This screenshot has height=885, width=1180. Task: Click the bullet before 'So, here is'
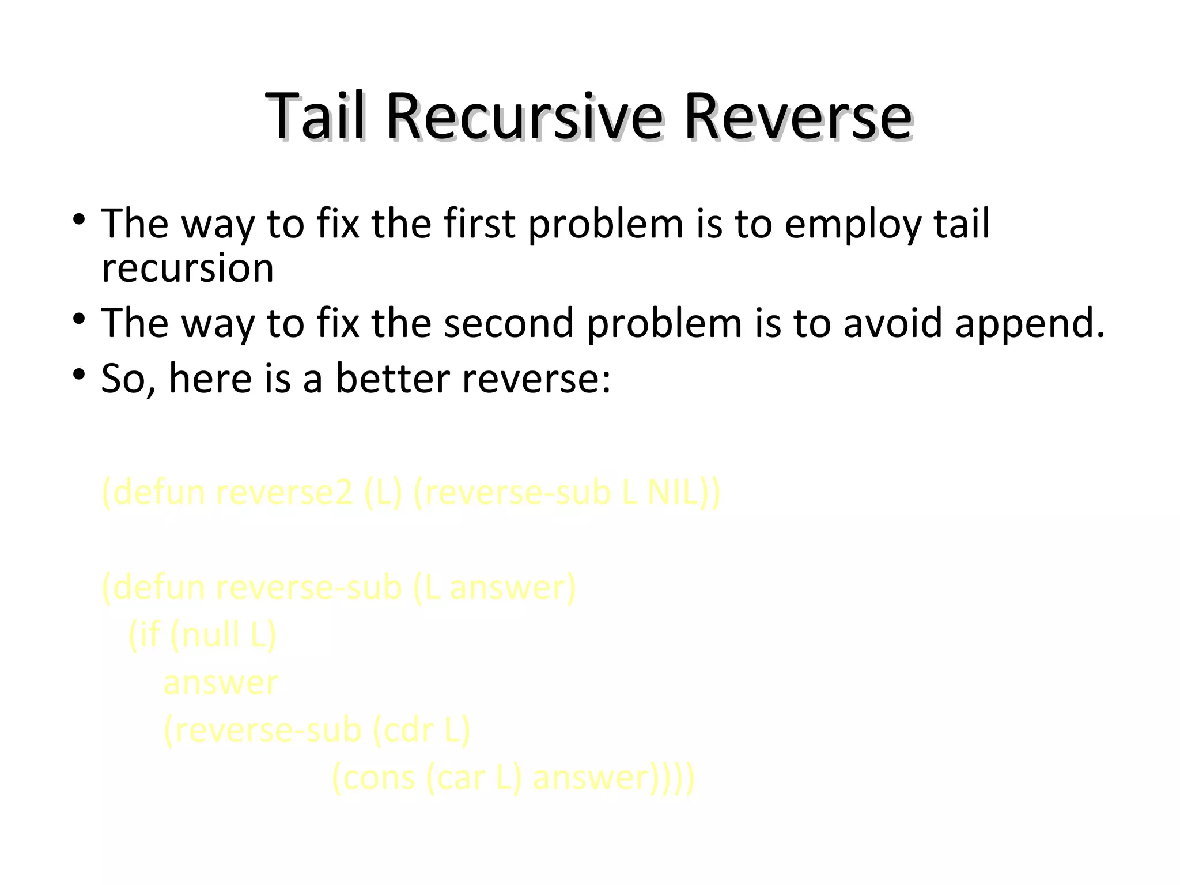(x=79, y=375)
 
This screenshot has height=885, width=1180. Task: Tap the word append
(x=1030, y=324)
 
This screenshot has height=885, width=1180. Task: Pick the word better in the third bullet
(x=392, y=379)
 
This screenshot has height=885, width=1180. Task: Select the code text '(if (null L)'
(x=202, y=635)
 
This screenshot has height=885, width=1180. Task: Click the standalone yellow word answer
(x=221, y=683)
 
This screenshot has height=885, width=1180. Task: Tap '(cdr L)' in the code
(x=421, y=731)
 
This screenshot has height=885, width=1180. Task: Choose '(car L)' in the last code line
(x=474, y=778)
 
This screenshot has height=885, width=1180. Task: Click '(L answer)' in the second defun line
(x=494, y=588)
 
